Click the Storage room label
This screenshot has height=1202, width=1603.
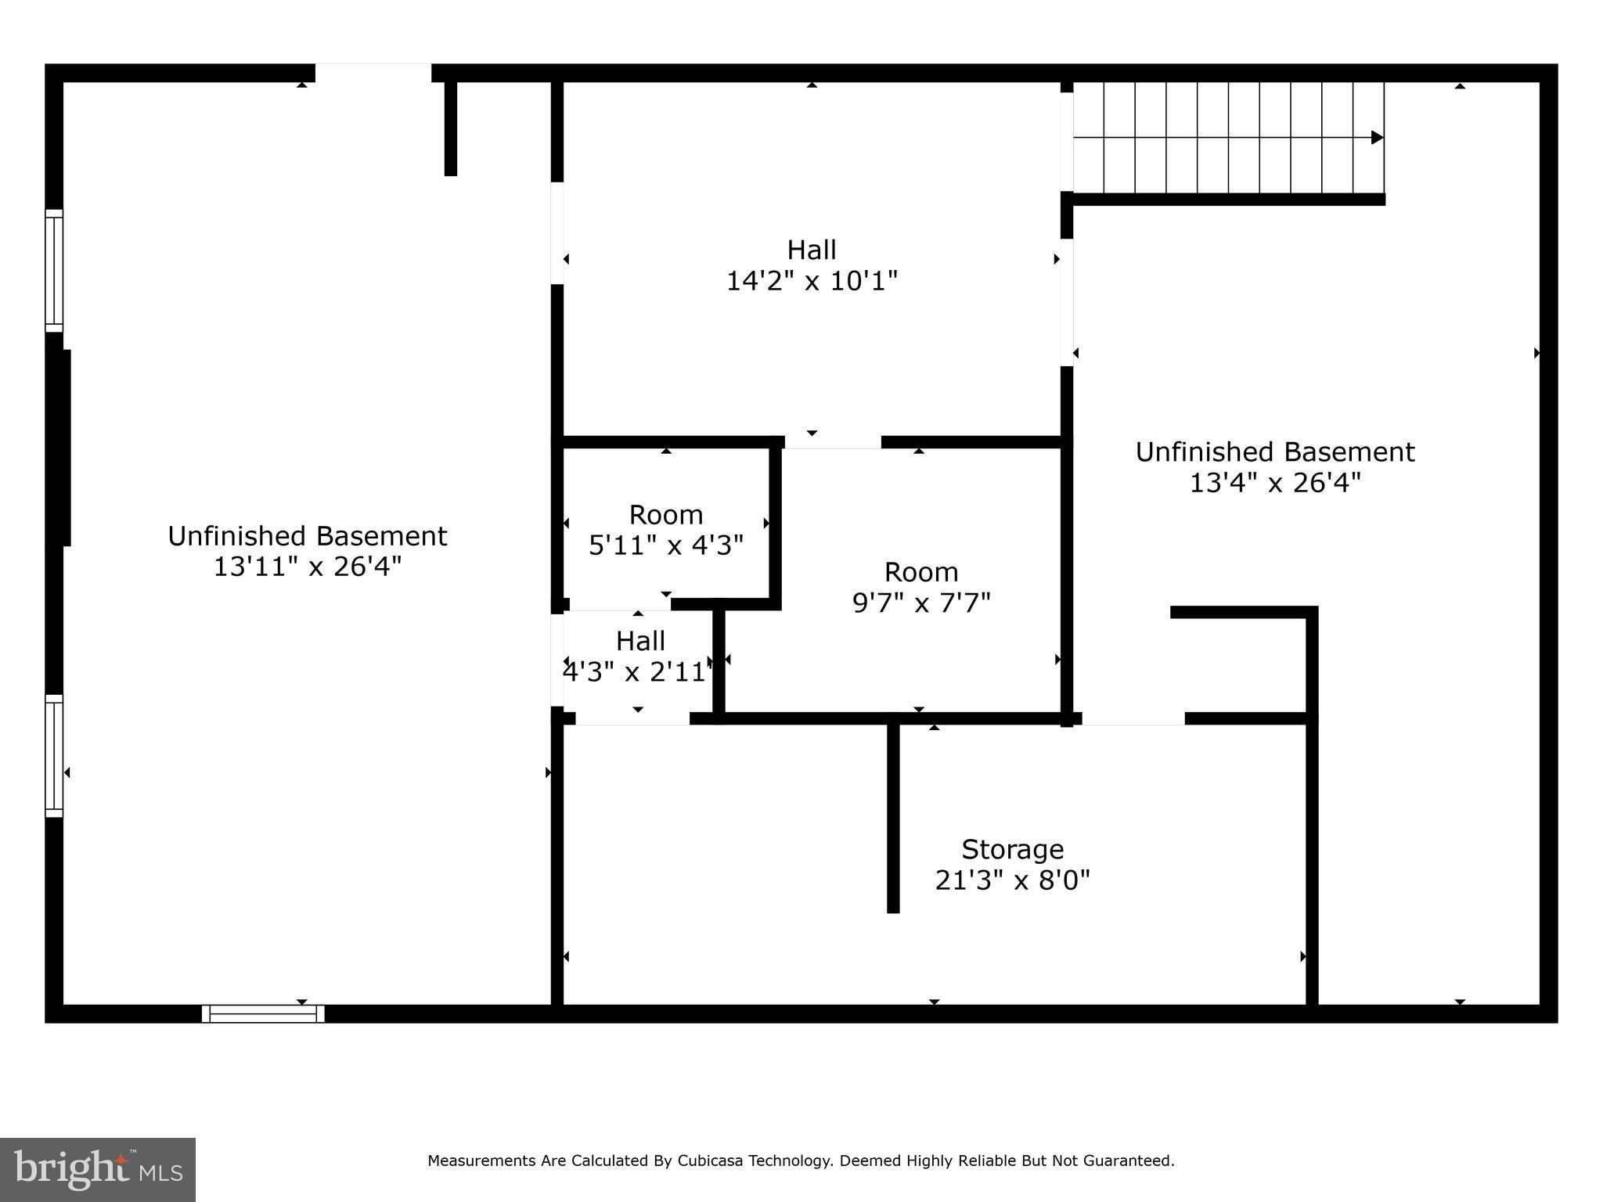pyautogui.click(x=1012, y=849)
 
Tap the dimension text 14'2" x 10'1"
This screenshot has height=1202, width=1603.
pyautogui.click(x=812, y=281)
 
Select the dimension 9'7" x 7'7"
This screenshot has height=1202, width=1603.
pyautogui.click(x=921, y=603)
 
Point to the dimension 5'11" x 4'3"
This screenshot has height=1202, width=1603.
pyautogui.click(x=666, y=545)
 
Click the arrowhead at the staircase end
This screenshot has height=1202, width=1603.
pyautogui.click(x=1378, y=138)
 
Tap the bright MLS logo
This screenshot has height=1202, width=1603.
pyautogui.click(x=97, y=1169)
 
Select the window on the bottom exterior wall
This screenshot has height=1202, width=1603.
pyautogui.click(x=263, y=1014)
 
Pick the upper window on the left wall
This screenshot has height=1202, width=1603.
pyautogui.click(x=53, y=271)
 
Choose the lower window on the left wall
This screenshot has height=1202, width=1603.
pyautogui.click(x=53, y=756)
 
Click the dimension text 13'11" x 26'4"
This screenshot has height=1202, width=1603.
pyautogui.click(x=308, y=567)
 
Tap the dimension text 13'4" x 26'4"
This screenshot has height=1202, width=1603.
pyautogui.click(x=1275, y=483)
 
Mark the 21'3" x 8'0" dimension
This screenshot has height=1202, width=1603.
pyautogui.click(x=1012, y=881)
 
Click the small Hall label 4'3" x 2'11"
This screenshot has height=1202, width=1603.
pyautogui.click(x=640, y=657)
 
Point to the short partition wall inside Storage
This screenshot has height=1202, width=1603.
pyautogui.click(x=893, y=818)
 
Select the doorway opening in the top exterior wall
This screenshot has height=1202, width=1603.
pyautogui.click(x=373, y=73)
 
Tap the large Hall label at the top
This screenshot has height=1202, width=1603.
pyautogui.click(x=812, y=250)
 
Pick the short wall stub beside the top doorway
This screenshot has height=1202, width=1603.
pyautogui.click(x=451, y=128)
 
